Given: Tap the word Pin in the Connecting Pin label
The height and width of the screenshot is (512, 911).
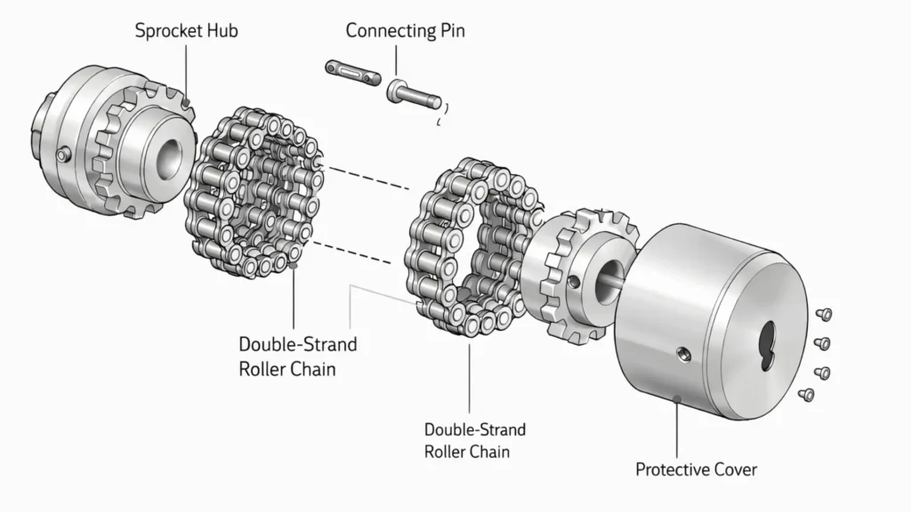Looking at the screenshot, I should point(449,31).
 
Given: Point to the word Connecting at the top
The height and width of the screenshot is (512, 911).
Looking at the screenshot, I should point(388,31).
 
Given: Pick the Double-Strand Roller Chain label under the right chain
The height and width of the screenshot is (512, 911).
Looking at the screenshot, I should point(474,440).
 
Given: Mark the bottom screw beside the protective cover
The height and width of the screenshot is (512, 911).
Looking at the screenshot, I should point(808,394).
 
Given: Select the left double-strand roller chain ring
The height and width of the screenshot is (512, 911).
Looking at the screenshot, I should point(254,196).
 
